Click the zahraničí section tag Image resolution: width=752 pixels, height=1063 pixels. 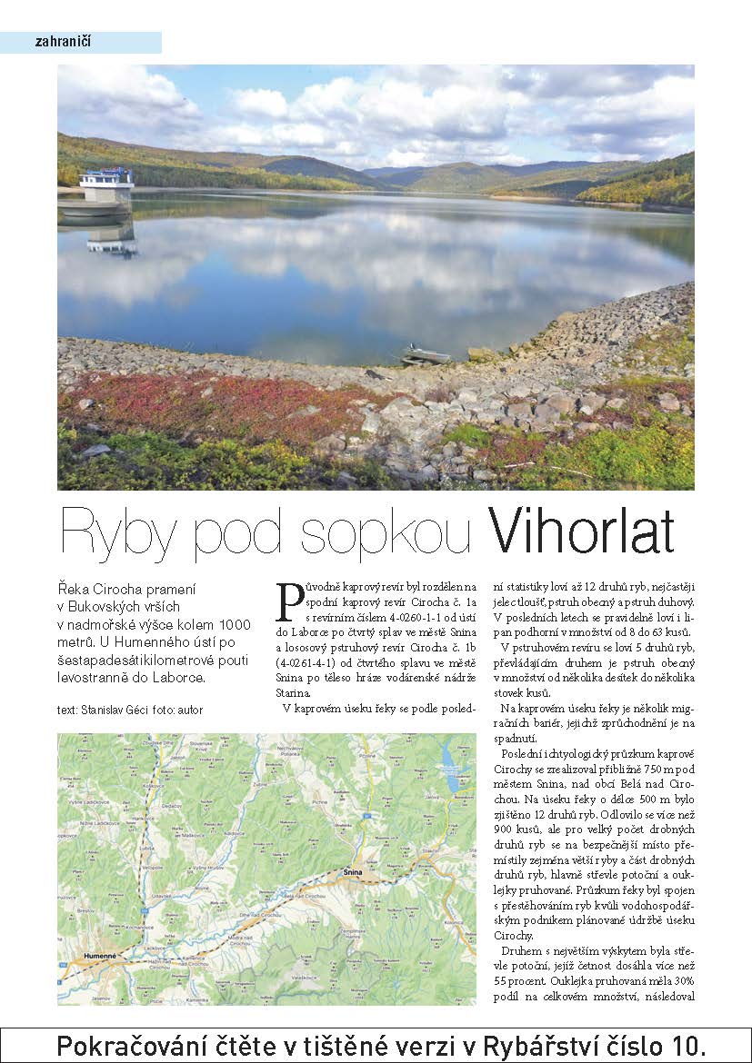63,42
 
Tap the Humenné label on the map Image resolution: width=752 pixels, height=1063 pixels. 98,956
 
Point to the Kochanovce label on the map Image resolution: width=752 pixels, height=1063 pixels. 136,928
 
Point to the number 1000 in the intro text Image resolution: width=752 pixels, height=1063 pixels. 234,624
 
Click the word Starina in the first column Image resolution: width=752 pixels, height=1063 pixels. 294,692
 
